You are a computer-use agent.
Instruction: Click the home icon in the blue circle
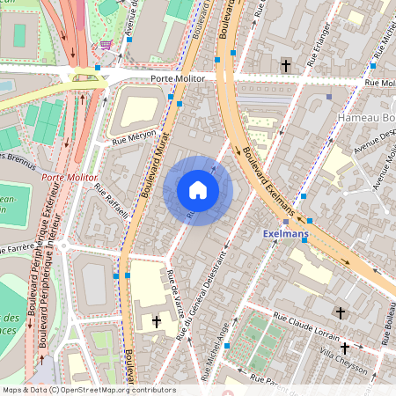pyautogui.click(x=198, y=190)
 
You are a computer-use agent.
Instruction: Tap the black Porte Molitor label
pyautogui.click(x=178, y=78)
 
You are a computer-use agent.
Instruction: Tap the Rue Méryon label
pyautogui.click(x=133, y=138)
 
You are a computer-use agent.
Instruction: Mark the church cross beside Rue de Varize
pyautogui.click(x=157, y=323)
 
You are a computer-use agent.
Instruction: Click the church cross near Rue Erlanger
pyautogui.click(x=284, y=66)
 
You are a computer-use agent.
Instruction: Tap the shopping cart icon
pyautogui.click(x=106, y=44)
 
